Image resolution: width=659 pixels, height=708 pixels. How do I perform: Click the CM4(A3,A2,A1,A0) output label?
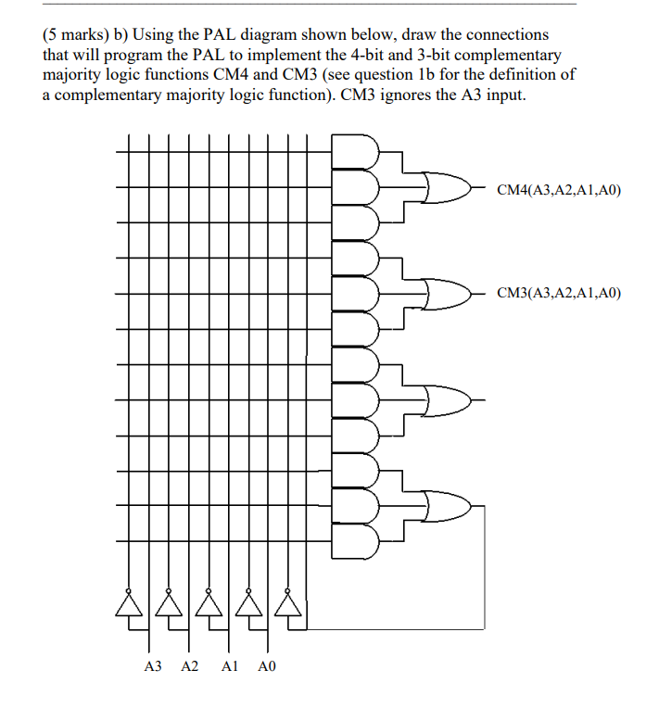[559, 191]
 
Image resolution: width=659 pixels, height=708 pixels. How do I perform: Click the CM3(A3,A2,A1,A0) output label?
[559, 294]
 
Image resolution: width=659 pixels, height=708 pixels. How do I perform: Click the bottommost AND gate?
[360, 541]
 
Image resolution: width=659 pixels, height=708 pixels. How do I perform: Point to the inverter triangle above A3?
[129, 603]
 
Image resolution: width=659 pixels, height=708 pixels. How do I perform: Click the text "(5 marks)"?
[75, 34]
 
